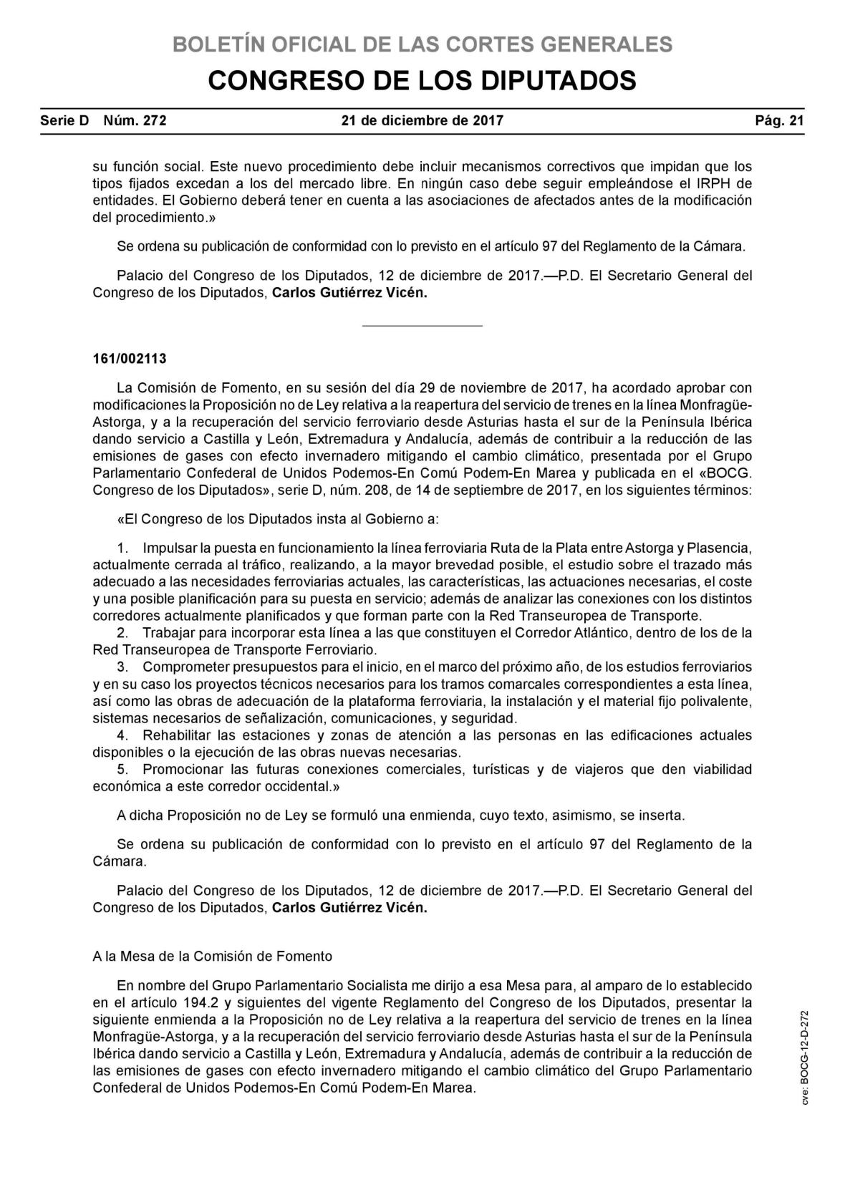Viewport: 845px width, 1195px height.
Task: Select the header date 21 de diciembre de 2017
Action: pyautogui.click(x=422, y=121)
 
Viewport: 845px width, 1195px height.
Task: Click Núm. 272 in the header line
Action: pyautogui.click(x=135, y=121)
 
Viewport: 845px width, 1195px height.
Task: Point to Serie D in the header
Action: pyautogui.click(x=64, y=121)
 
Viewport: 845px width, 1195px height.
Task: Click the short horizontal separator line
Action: pyautogui.click(x=422, y=326)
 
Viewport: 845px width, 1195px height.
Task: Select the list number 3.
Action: pyautogui.click(x=122, y=667)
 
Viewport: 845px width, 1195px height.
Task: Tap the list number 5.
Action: pyautogui.click(x=122, y=770)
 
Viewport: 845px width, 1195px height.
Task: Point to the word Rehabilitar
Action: pyautogui.click(x=176, y=735)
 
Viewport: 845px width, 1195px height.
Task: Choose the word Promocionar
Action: pyautogui.click(x=181, y=770)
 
